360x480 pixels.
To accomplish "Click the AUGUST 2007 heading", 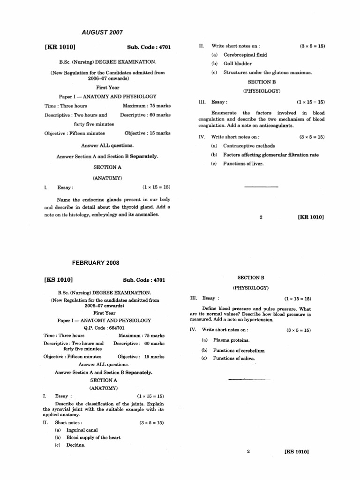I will click(x=102, y=32).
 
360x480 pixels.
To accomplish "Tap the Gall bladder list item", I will click(x=237, y=64).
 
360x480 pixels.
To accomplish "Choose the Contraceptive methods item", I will click(x=249, y=146).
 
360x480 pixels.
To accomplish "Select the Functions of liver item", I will click(x=243, y=164).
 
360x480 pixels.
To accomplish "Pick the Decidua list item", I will click(x=76, y=445).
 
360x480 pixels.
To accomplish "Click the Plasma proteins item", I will click(x=231, y=340).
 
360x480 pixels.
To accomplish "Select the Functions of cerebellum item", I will click(x=239, y=350).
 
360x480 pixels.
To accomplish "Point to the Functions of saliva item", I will click(x=234, y=359).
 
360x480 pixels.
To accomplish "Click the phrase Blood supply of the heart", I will click(x=93, y=438).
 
